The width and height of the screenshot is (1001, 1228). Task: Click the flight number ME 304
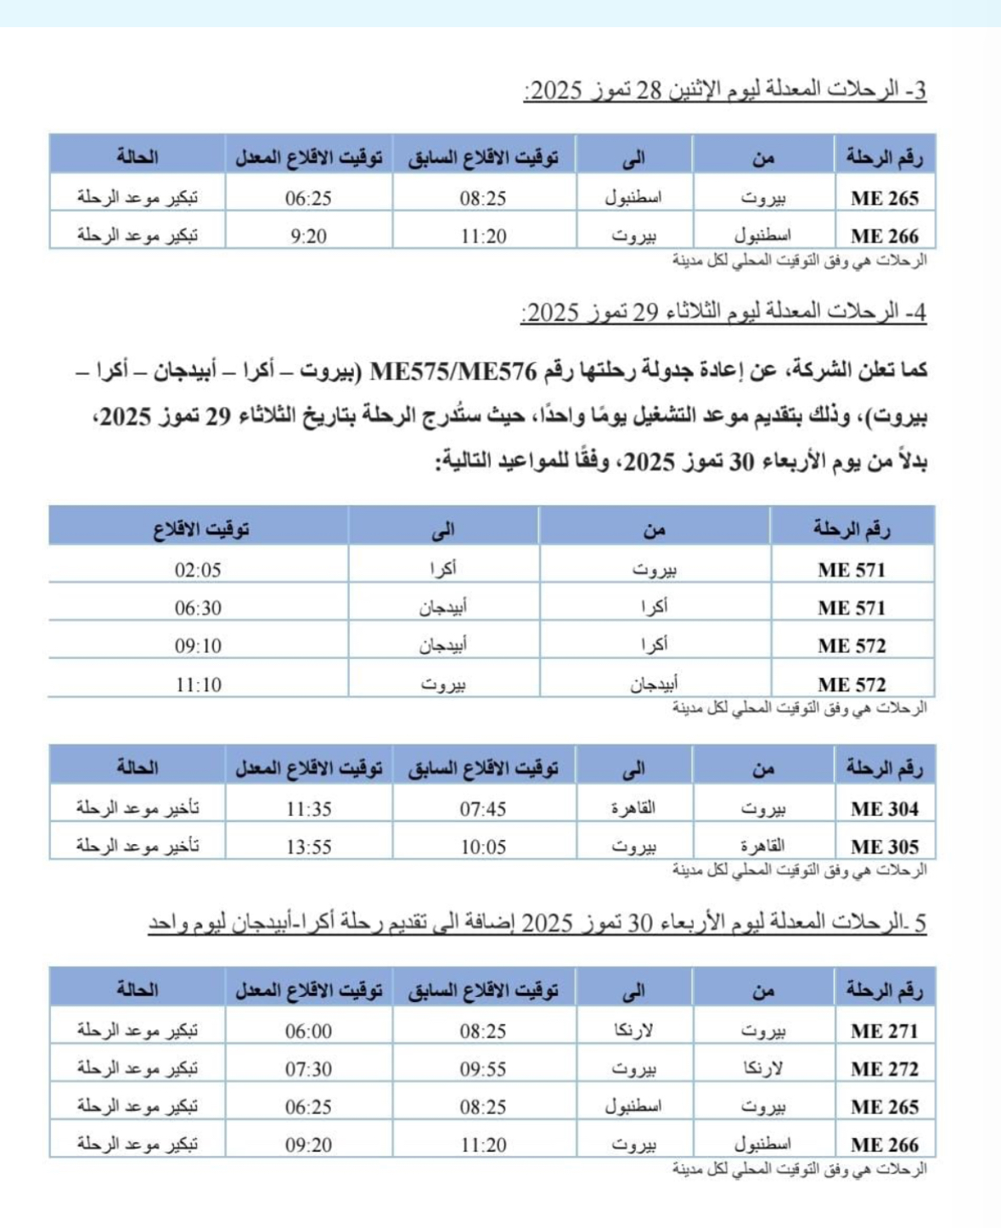point(884,808)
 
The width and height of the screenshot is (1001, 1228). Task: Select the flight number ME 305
point(884,847)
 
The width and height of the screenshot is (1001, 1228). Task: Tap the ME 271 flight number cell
point(884,1031)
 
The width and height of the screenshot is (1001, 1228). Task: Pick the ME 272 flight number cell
point(884,1068)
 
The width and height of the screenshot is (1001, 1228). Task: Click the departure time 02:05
point(198,570)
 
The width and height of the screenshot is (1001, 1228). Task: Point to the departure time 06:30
point(198,608)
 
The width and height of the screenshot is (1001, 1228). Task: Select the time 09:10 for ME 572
point(198,646)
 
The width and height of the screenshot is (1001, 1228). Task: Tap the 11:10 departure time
point(198,684)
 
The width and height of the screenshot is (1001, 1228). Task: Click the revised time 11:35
point(308,808)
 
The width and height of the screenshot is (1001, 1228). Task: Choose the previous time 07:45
point(483,808)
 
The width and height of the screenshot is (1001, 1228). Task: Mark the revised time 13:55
point(308,847)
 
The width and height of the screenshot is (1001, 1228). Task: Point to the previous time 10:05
point(483,847)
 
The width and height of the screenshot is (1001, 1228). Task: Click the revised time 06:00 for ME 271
point(308,1031)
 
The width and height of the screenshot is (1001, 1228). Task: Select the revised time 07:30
point(308,1068)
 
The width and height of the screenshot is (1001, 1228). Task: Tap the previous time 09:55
point(483,1068)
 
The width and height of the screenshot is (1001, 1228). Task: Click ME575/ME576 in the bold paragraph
point(454,371)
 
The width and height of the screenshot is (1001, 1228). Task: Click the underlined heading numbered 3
point(724,90)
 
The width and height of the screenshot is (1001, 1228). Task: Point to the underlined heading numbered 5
point(537,922)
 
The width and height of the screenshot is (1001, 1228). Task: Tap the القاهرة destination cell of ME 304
point(633,808)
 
